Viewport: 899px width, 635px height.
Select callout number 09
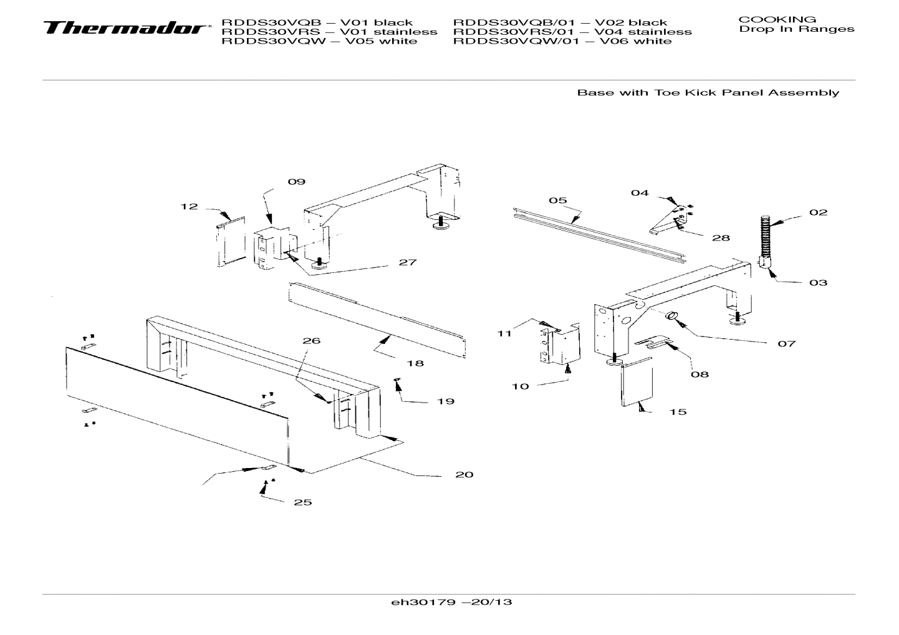click(x=297, y=182)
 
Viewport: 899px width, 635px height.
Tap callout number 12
click(x=190, y=206)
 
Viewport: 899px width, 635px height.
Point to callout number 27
click(x=408, y=262)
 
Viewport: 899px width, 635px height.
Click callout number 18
click(x=415, y=363)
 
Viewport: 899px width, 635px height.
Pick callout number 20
click(x=464, y=475)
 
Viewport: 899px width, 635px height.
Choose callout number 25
click(x=303, y=502)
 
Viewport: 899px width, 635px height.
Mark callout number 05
click(x=558, y=201)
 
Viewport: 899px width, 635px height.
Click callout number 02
click(x=819, y=212)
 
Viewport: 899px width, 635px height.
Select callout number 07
click(x=787, y=343)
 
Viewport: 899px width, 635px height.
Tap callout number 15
click(x=678, y=412)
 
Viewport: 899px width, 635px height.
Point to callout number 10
click(x=521, y=386)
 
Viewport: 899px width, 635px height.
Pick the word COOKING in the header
click(x=777, y=19)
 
